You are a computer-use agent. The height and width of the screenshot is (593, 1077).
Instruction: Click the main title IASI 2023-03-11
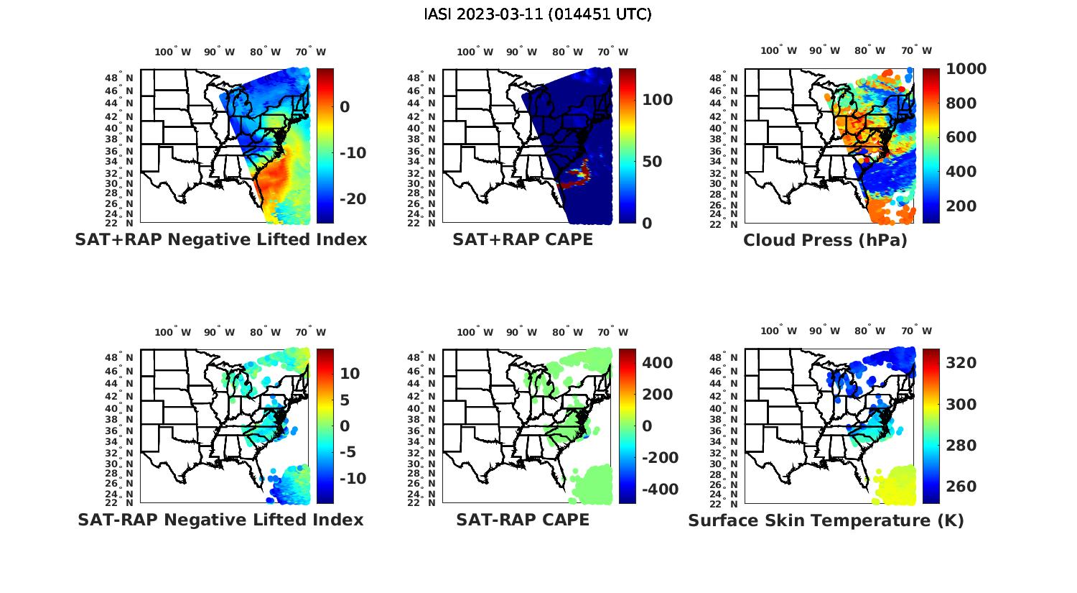538,14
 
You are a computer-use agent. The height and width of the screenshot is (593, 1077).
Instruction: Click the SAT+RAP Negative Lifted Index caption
220,239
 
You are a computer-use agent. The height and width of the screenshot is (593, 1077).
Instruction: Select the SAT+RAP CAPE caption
523,239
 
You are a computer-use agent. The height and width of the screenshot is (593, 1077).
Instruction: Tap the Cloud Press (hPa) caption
825,240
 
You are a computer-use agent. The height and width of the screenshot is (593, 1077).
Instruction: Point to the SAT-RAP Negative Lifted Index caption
220,520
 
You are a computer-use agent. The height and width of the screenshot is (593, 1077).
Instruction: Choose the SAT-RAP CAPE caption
523,520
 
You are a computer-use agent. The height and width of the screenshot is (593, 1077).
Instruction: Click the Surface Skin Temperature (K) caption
826,520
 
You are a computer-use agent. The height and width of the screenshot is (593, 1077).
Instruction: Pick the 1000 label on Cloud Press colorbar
966,69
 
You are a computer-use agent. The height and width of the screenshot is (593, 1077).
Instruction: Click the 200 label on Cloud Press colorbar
961,206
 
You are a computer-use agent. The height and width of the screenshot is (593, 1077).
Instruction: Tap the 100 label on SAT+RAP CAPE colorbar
658,100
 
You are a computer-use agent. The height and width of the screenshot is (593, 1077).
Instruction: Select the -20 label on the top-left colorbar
352,199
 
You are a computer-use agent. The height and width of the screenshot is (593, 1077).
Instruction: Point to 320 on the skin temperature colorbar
961,363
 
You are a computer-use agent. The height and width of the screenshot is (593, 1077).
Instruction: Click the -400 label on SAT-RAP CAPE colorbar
658,489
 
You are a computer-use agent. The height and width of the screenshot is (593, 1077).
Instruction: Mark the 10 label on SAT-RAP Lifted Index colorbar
350,374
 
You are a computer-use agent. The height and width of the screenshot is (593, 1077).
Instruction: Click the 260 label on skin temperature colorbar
961,487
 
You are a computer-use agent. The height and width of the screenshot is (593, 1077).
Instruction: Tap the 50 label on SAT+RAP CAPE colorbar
652,162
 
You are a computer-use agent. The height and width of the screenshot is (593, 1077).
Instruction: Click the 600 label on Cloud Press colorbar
961,137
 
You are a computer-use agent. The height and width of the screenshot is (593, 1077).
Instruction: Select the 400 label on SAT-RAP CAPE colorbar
658,363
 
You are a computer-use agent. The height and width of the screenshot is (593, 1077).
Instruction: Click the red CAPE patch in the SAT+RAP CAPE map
575,180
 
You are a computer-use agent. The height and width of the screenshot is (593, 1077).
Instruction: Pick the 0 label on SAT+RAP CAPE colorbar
647,224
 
